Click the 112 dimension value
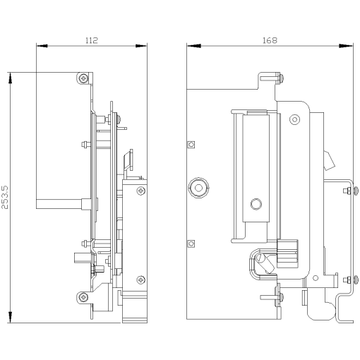91,41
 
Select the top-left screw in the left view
85,78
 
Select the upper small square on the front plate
191,144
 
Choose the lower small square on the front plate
191,244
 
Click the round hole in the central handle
256,205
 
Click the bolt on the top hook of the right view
280,78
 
